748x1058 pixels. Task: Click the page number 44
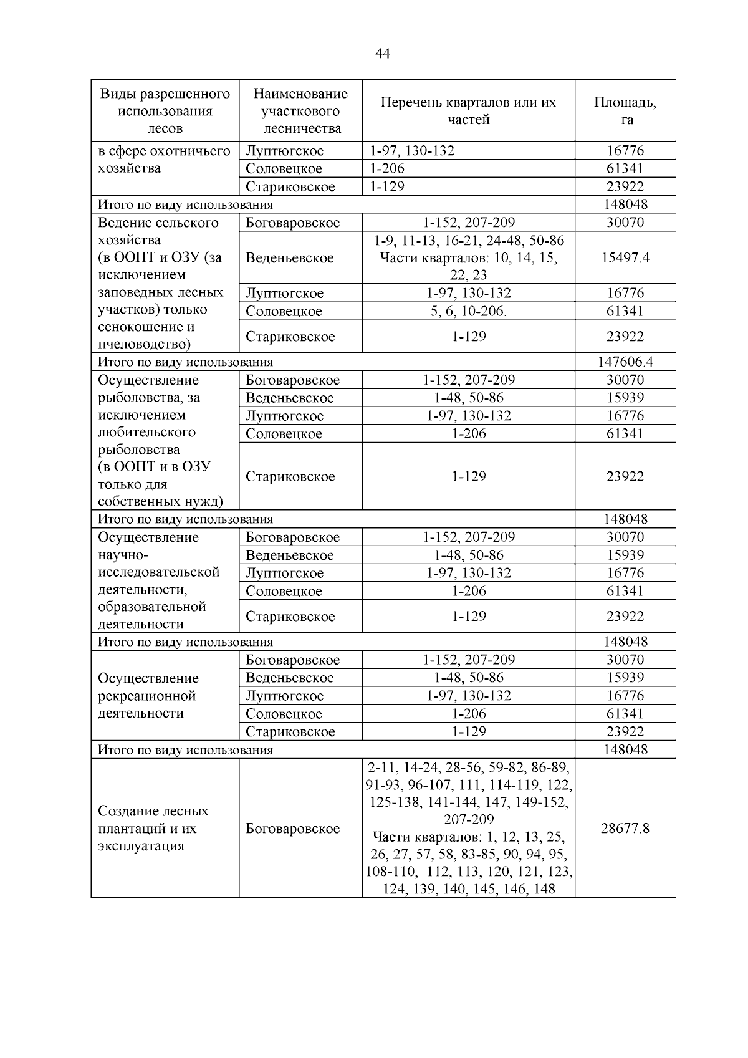coord(383,54)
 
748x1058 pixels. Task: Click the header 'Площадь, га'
coord(625,110)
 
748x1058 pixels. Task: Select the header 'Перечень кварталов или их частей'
coord(468,110)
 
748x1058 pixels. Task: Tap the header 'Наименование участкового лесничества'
coord(300,110)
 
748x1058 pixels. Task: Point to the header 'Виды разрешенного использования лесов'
coord(165,110)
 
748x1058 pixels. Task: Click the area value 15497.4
coord(625,257)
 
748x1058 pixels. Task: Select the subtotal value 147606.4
coord(625,362)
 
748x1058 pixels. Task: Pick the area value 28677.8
coord(625,828)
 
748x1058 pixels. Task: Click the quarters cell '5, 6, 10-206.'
coord(468,311)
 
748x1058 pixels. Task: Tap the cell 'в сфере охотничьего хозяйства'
coord(165,160)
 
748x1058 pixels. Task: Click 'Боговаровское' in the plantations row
coord(292,828)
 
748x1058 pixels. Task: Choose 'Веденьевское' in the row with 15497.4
coord(290,257)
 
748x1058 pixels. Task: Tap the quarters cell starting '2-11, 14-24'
coord(468,828)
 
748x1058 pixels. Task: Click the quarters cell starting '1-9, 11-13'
coord(468,257)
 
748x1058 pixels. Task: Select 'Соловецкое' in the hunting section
coord(284,168)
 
